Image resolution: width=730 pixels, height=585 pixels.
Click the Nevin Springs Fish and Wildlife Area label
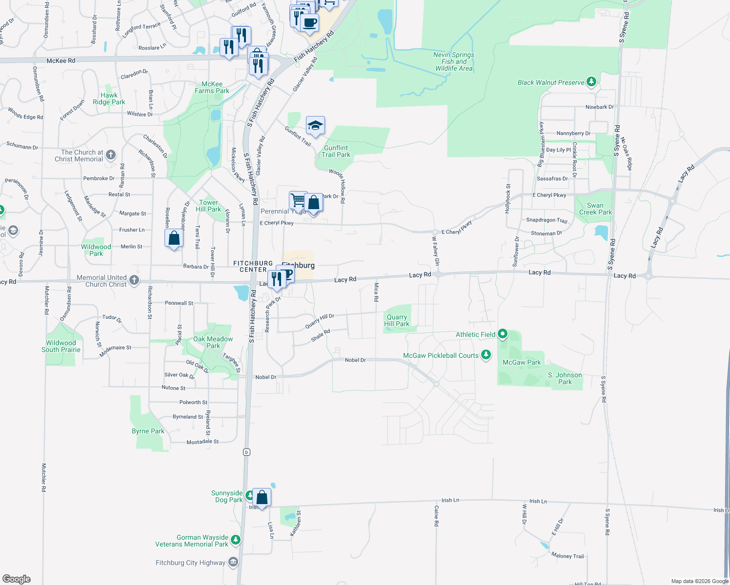[454, 62]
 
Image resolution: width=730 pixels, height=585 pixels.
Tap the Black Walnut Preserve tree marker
[591, 81]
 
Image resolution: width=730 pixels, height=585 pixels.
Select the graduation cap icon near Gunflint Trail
[315, 126]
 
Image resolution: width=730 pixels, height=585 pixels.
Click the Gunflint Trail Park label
[336, 151]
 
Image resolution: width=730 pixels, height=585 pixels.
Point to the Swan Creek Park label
[595, 209]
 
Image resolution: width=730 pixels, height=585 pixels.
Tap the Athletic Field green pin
[503, 334]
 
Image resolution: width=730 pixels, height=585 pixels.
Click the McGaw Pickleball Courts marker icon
[486, 355]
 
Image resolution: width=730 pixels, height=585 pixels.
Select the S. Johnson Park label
[565, 378]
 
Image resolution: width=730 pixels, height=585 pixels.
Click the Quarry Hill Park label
[397, 320]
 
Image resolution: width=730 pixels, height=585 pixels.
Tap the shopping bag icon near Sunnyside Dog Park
[262, 497]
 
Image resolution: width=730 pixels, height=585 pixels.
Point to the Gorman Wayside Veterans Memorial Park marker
[236, 539]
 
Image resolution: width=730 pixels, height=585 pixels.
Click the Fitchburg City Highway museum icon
[233, 563]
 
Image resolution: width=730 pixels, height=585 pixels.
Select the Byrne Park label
[148, 431]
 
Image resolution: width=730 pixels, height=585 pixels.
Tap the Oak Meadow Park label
[213, 342]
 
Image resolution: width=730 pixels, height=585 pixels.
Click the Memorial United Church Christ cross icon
[134, 280]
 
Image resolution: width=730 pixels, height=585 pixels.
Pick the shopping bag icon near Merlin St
[174, 238]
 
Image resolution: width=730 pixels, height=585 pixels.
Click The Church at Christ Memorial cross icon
[111, 155]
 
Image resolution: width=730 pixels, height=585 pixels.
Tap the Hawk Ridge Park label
[109, 98]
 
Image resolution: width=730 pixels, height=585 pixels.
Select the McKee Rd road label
[61, 61]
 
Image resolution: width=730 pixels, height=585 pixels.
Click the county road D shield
[247, 452]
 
